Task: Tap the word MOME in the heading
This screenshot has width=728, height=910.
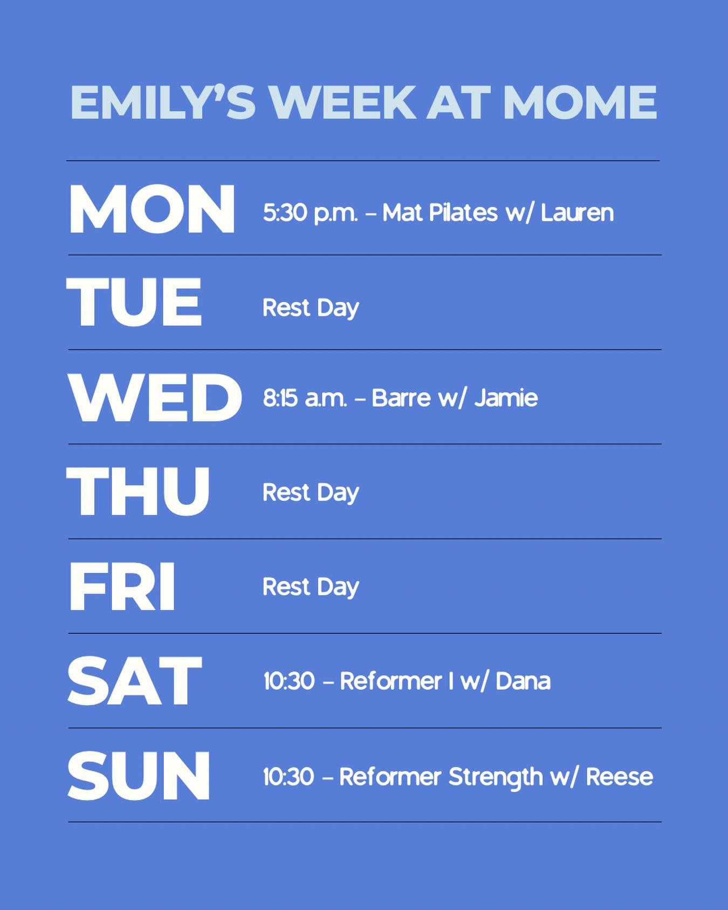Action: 580,102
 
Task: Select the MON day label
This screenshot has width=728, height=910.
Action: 152,209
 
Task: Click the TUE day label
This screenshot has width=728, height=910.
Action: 134,303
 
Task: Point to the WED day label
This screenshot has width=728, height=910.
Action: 155,398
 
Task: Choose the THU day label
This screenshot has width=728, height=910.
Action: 138,491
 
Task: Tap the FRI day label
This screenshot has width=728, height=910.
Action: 122,586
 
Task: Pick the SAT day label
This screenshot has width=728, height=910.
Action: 134,681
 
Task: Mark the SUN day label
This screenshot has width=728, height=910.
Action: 139,776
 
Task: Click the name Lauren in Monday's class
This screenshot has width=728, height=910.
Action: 577,213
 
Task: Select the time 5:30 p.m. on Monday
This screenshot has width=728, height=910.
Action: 310,213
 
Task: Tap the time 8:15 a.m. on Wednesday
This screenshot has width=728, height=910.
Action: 305,399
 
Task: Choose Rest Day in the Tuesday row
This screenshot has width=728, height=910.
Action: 311,309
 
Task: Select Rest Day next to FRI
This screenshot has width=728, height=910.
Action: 311,587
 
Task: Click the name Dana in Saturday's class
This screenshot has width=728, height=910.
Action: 523,681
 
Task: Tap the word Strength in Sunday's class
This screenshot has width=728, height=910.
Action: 495,777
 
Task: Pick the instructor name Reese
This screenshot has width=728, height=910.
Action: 619,777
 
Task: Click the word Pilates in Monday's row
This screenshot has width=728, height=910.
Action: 463,213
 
